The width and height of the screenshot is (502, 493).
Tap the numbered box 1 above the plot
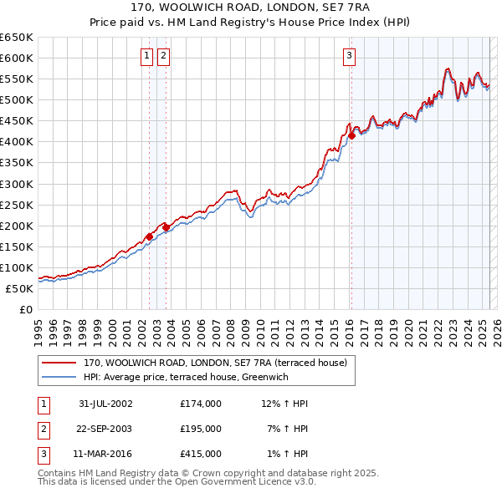tap(146, 56)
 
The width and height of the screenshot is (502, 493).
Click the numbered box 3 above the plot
tap(348, 56)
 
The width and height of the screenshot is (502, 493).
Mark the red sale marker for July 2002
tap(150, 236)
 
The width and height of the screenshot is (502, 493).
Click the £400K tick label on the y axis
tap(17, 142)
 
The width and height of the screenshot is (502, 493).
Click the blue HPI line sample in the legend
tap(59, 378)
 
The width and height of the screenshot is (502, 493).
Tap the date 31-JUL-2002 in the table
tap(105, 404)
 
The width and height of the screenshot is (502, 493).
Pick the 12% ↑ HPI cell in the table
tap(285, 404)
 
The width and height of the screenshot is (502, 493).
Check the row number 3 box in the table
tap(41, 455)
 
